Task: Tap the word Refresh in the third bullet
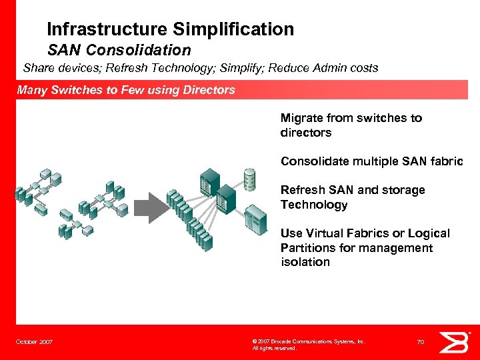[x=302, y=190]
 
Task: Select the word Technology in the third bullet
[x=314, y=205]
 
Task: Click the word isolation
[x=305, y=262]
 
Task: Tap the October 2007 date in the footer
[x=35, y=342]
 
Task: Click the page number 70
[x=420, y=342]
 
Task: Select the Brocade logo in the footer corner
[x=457, y=342]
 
